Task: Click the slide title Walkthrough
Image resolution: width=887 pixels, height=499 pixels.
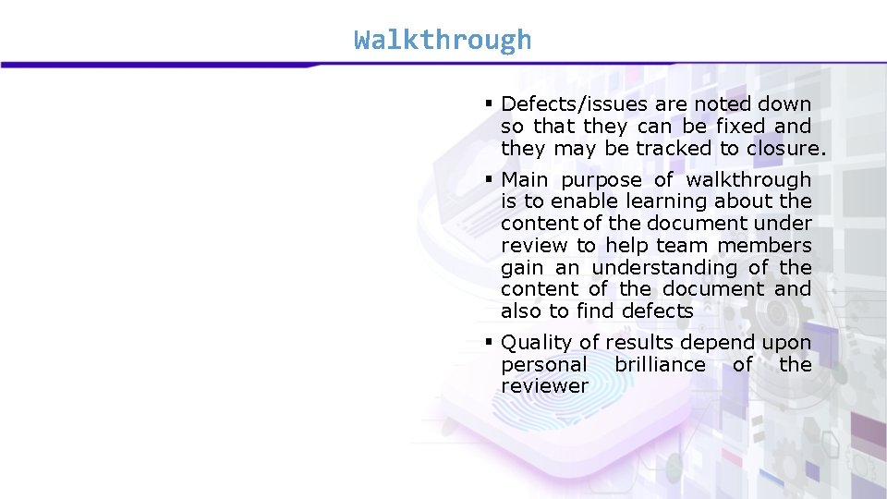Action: point(443,40)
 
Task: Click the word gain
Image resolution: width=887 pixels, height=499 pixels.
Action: point(522,268)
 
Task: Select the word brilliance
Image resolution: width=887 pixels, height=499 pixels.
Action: point(660,365)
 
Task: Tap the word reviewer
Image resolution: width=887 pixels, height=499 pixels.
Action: point(544,387)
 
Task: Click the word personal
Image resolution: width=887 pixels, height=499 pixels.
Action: point(543,365)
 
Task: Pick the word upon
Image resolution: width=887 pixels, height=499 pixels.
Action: point(787,343)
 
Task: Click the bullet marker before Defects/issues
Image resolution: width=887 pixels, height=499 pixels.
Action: point(489,104)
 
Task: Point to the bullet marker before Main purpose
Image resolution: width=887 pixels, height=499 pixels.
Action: point(489,179)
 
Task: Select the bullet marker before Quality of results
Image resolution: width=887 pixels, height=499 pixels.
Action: point(489,342)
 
